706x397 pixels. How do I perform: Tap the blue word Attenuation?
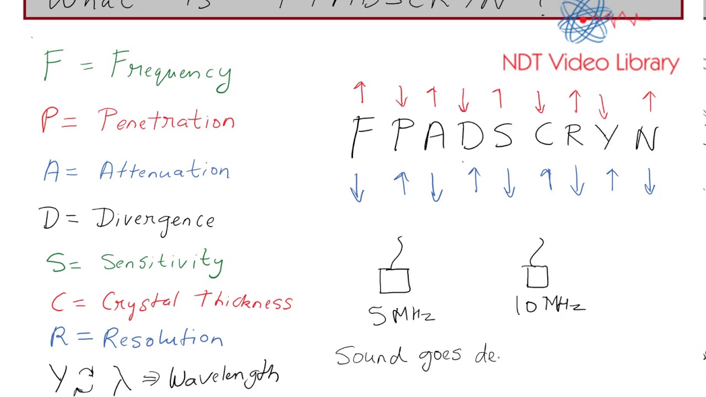click(164, 171)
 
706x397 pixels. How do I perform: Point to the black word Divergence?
click(156, 220)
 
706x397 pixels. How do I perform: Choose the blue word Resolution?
click(163, 337)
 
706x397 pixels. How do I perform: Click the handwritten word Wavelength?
click(224, 378)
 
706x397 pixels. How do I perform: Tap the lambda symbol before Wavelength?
click(122, 379)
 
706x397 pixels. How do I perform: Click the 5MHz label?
click(402, 315)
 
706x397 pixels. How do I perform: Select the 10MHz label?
click(549, 305)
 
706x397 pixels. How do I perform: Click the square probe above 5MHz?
click(394, 281)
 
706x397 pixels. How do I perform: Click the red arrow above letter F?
click(360, 92)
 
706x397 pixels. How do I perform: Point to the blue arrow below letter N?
click(650, 181)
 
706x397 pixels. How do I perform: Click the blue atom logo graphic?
click(585, 22)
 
